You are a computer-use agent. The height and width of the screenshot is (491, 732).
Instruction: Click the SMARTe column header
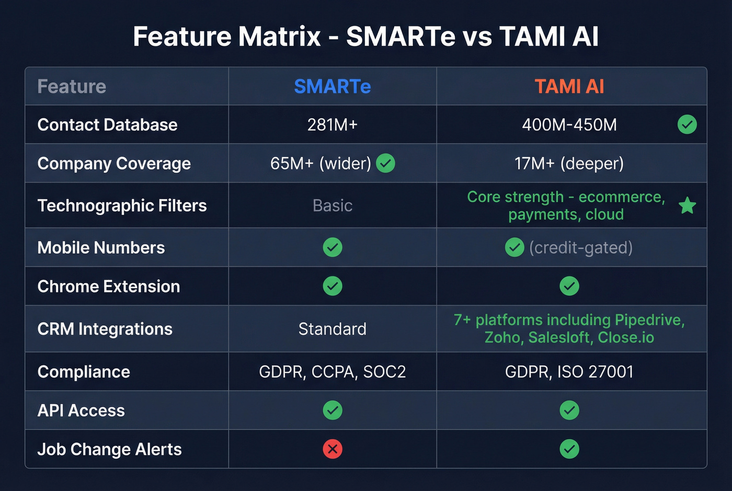332,86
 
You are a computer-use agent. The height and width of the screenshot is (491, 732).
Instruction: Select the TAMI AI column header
569,86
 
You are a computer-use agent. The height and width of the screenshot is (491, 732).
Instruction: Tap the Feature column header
72,86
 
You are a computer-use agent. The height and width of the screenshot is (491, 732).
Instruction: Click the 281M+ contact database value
332,125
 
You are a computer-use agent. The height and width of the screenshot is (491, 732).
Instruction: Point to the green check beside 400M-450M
687,124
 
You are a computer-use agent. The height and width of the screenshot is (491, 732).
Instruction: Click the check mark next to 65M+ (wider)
385,163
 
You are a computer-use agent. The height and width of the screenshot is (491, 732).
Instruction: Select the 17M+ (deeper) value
569,164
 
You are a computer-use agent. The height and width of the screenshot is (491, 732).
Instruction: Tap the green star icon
687,205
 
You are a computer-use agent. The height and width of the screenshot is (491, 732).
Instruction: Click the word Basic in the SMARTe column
332,205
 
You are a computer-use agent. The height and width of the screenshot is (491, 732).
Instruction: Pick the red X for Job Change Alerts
333,449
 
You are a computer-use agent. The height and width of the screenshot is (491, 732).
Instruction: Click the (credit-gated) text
580,247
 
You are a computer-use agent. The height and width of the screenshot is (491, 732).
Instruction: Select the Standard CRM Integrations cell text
332,329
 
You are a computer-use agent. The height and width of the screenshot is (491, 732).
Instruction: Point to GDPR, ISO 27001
569,372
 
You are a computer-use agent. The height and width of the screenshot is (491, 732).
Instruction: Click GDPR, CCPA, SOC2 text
332,372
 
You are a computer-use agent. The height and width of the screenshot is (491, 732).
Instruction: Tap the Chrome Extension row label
109,287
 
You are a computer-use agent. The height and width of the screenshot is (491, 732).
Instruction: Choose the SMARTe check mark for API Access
333,410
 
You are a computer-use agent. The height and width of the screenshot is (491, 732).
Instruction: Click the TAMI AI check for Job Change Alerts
569,449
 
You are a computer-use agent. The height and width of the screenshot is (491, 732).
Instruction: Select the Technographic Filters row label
122,205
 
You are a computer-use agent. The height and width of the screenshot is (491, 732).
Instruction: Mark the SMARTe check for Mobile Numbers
333,247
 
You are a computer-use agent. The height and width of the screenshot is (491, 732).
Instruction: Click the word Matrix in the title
280,37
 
